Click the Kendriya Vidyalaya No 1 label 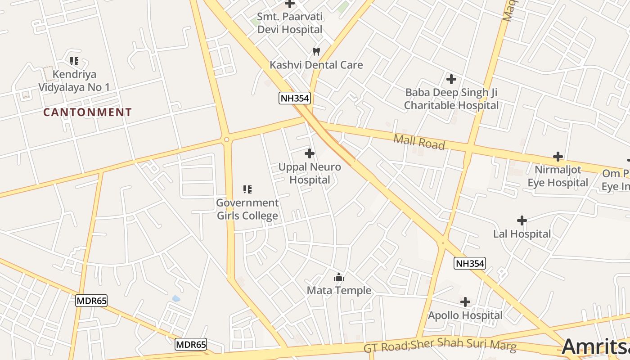click(x=74, y=81)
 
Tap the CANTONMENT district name click(x=88, y=112)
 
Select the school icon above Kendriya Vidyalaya click(x=74, y=61)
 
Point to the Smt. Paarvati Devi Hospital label click(x=290, y=23)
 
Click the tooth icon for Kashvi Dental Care click(x=316, y=51)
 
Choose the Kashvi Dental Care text click(x=316, y=65)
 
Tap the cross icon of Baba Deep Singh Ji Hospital click(x=451, y=80)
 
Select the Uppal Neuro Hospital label click(x=310, y=173)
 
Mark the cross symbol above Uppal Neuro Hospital click(x=310, y=153)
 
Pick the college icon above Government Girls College click(x=247, y=189)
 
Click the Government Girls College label click(x=247, y=209)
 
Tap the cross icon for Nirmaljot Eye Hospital click(x=558, y=157)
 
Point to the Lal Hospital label click(x=522, y=234)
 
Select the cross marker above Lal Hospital click(x=522, y=220)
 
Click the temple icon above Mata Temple click(x=339, y=277)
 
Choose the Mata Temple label click(x=339, y=290)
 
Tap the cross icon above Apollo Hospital click(x=465, y=302)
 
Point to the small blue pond click(x=176, y=298)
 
